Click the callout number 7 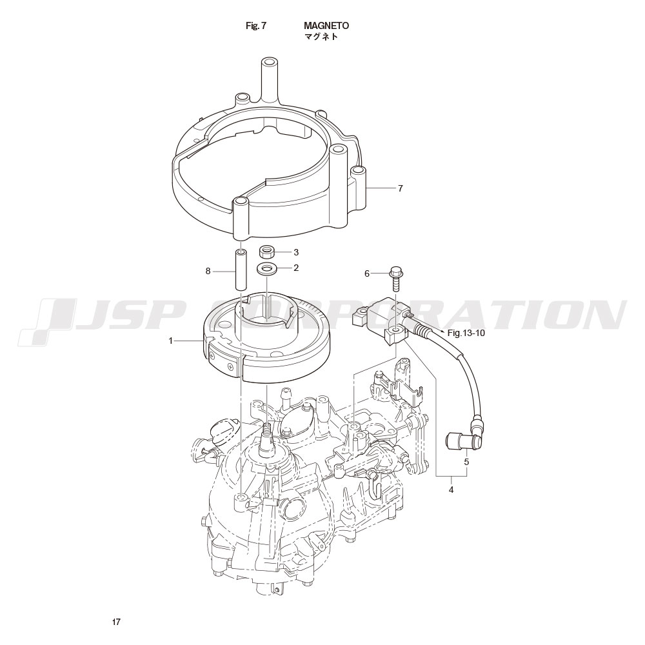point(401,188)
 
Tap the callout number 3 point(296,252)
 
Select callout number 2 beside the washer point(296,268)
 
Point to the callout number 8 point(208,271)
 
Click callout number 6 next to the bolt point(368,273)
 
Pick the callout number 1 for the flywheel point(170,341)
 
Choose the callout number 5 point(466,462)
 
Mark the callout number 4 point(451,490)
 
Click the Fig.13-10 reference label point(466,333)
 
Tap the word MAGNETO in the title point(326,26)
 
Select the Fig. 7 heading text point(256,26)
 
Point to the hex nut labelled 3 point(266,252)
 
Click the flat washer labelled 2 point(266,269)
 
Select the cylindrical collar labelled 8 point(241,268)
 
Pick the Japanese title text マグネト point(321,37)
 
